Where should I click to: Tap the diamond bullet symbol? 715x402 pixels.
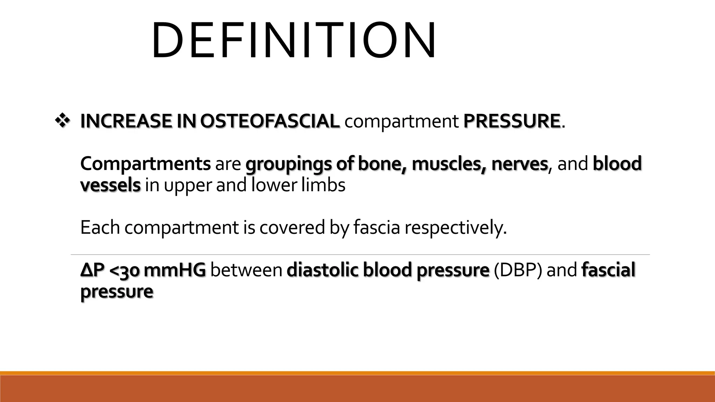pos(62,121)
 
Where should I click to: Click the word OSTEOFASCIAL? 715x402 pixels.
pos(270,121)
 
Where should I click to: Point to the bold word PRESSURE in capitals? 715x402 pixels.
pos(511,121)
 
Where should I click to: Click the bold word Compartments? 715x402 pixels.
pos(145,164)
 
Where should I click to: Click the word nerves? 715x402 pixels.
pos(519,164)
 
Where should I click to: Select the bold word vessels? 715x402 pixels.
pos(110,185)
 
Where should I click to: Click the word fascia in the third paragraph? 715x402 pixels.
pos(376,228)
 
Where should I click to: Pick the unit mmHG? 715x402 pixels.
pos(175,270)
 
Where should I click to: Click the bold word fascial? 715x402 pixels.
pos(608,270)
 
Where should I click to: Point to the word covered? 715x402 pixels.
pos(292,228)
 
